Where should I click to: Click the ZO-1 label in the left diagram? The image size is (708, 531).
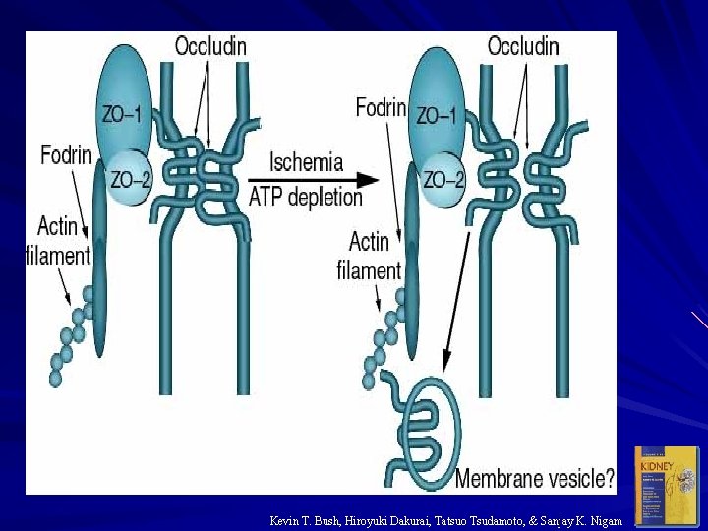coord(121,113)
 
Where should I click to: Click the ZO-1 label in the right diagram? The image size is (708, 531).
coord(436,115)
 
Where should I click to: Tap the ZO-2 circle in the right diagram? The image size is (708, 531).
coord(442,179)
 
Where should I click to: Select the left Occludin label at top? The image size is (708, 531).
coord(210,45)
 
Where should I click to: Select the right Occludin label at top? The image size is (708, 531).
coord(523,45)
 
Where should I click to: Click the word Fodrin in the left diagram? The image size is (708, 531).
coord(68,154)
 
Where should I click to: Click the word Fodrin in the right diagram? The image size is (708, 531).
coord(382,106)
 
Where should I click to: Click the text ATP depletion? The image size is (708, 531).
coord(306,196)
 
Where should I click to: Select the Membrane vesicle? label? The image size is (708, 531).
coord(535,479)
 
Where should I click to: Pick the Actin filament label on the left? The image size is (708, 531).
coord(57,242)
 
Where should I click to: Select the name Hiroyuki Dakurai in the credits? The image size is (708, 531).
coord(386,520)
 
